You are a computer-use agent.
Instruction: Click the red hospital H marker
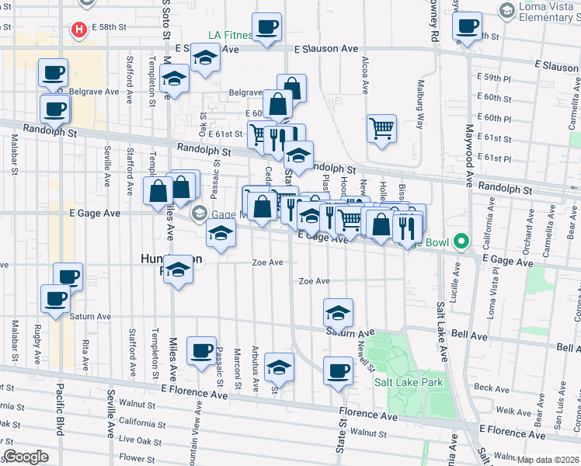coord(78,30)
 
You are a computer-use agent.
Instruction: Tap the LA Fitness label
coord(230,35)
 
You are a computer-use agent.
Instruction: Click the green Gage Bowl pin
coord(460,242)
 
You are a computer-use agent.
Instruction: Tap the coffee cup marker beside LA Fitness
coord(266,28)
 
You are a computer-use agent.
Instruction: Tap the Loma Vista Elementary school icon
coord(508,10)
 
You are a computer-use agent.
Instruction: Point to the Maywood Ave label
coord(469,156)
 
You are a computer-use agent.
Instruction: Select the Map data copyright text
coord(548,459)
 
